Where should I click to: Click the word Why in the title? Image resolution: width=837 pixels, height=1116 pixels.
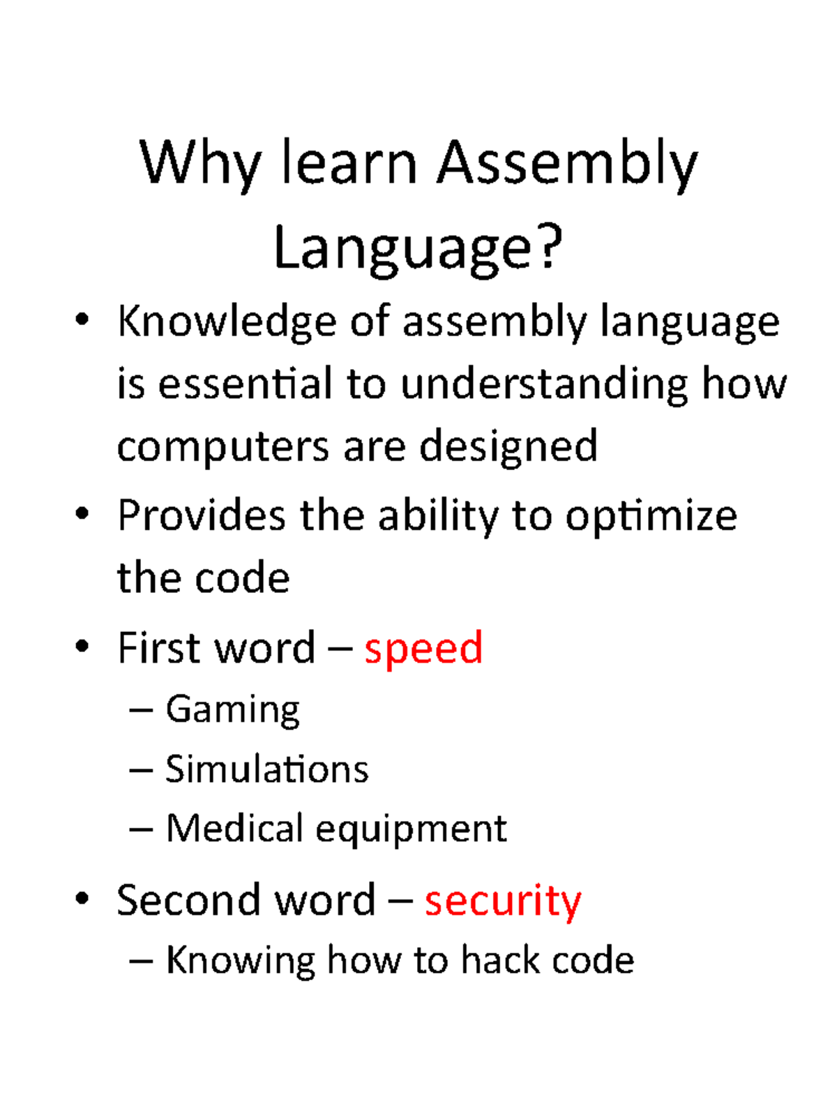pos(199,165)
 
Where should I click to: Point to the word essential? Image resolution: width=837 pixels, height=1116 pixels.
pos(245,384)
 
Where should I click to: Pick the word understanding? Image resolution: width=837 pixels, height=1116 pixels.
pos(543,385)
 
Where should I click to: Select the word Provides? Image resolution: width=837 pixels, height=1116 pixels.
pos(202,516)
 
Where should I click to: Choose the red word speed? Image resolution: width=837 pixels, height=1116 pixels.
pos(423,649)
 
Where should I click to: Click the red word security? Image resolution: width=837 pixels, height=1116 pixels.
pos(502,901)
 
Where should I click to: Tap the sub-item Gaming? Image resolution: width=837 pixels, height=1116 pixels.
pos(232,711)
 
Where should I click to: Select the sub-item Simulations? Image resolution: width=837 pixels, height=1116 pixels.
pos(266,770)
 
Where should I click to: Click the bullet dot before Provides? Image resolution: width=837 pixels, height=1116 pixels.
pos(82,515)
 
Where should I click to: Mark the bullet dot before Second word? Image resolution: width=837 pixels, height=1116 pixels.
pos(82,899)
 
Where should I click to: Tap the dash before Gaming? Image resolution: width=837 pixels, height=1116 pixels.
pos(141,710)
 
